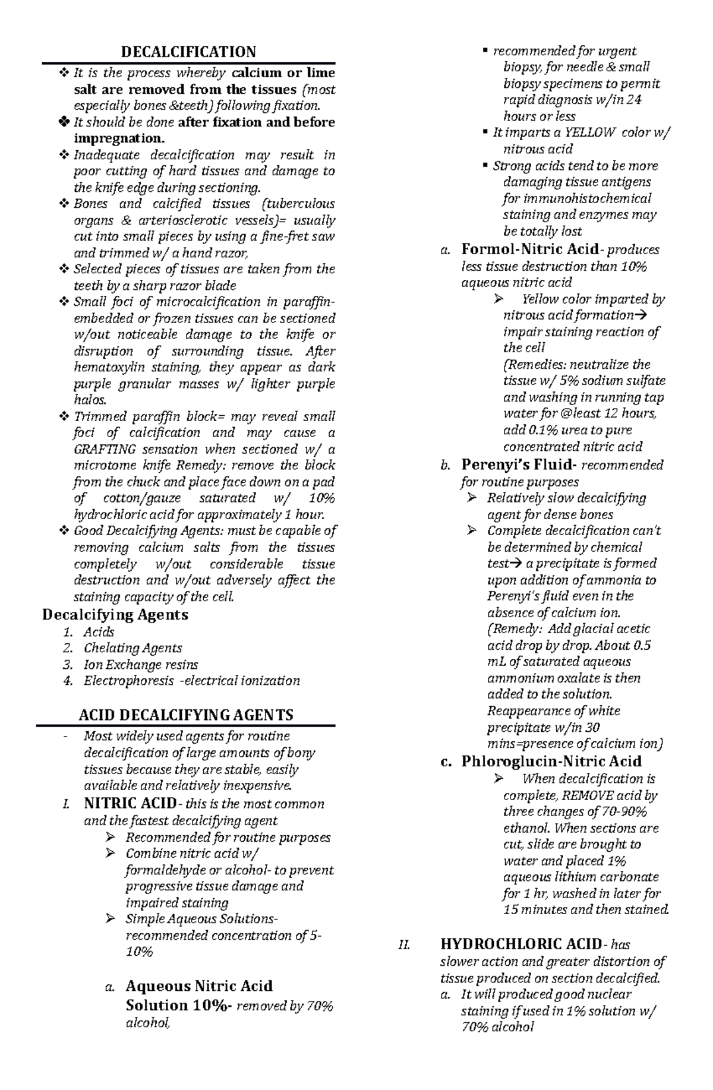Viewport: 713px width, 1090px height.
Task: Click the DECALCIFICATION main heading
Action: pos(188,52)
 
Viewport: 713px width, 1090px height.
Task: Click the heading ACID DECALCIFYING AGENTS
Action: pos(186,715)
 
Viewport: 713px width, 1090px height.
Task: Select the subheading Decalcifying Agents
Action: pos(115,614)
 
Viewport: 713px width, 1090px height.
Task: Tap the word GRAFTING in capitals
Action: pos(105,449)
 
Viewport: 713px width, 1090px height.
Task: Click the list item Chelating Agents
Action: pos(132,648)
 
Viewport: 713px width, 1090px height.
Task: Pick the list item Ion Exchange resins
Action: pos(141,665)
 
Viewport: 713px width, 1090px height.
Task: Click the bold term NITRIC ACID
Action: pos(130,804)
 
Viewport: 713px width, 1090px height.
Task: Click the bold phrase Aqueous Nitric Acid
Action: pos(199,986)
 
